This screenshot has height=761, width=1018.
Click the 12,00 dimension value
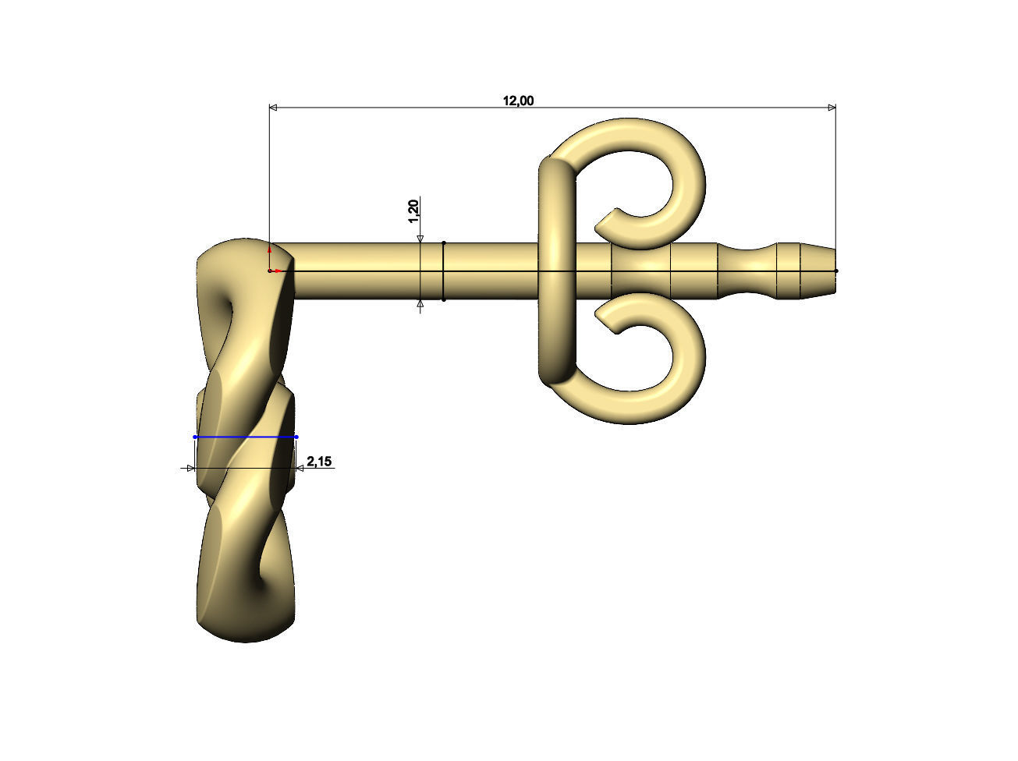[x=518, y=100]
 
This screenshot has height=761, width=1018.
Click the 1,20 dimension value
[x=414, y=211]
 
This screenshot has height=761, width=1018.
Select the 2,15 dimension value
[x=319, y=462]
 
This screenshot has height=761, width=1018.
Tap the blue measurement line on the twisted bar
[x=246, y=437]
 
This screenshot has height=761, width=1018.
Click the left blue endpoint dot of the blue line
[x=195, y=437]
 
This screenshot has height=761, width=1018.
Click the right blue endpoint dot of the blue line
[x=296, y=437]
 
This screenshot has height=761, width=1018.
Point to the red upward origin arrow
[x=269, y=250]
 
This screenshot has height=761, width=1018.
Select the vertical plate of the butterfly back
[x=557, y=271]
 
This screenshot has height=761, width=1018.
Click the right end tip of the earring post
[x=835, y=271]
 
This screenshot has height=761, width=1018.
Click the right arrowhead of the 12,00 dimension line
[x=831, y=108]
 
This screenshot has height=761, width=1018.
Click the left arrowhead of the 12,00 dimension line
[x=274, y=108]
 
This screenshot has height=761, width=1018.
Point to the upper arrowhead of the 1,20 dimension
[x=420, y=239]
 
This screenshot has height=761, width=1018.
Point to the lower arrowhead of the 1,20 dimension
[x=420, y=305]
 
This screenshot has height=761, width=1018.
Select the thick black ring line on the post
[x=443, y=271]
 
